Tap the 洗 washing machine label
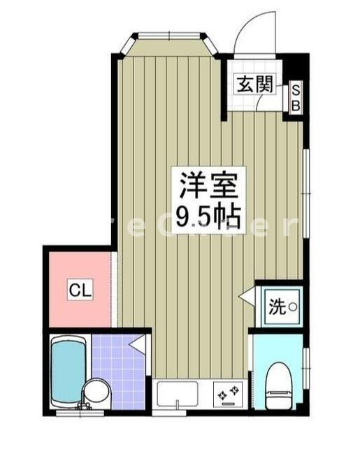click(277, 307)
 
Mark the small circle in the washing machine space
click(293, 307)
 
